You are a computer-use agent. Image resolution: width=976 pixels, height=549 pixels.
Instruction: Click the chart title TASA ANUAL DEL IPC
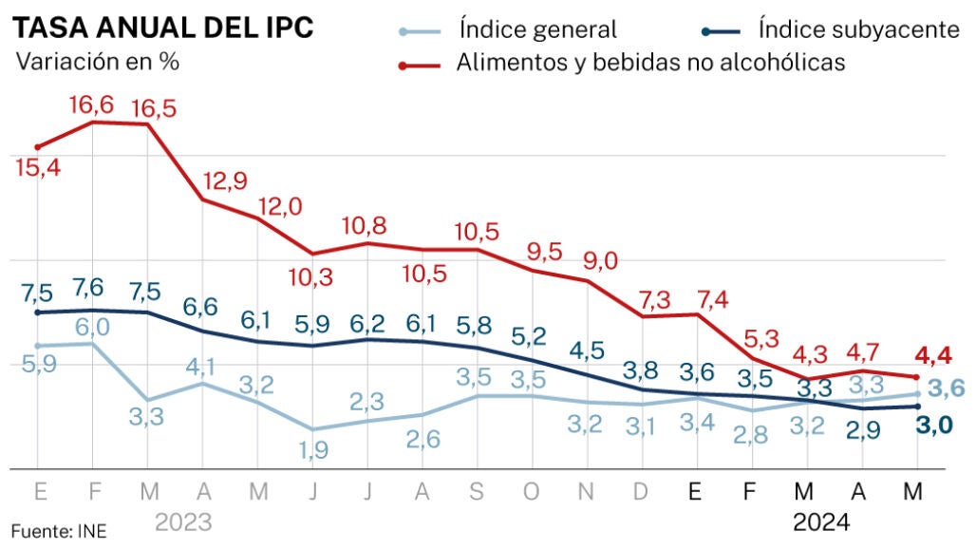point(162,27)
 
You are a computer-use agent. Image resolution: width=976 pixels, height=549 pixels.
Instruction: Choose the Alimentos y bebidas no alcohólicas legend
point(650,63)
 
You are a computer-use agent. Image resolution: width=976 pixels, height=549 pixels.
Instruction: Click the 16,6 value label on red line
point(92,104)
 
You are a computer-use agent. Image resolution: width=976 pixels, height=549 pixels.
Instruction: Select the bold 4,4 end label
point(933,357)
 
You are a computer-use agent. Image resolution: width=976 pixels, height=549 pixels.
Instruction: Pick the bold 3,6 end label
point(947,388)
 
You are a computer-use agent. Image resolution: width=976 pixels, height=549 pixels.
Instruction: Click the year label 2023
point(183,521)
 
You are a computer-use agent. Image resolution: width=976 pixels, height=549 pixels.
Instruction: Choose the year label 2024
point(821,521)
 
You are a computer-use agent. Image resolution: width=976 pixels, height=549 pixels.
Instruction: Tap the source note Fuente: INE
point(59,530)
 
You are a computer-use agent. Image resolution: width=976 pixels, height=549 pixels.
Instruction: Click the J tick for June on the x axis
point(313,492)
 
